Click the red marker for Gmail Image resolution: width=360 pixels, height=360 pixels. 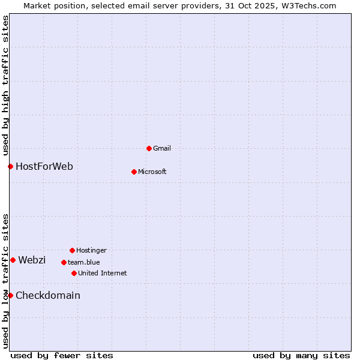(x=149, y=148)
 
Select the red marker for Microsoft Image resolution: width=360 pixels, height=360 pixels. (x=134, y=172)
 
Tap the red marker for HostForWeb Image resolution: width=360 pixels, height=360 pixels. (x=10, y=166)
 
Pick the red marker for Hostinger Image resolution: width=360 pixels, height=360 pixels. (x=72, y=250)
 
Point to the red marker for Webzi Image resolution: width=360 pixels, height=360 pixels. (x=13, y=260)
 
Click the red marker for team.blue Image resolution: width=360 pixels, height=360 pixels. (x=64, y=262)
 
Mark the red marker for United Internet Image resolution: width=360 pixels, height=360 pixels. (x=74, y=273)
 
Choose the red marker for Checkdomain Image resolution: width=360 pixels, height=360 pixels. (x=10, y=295)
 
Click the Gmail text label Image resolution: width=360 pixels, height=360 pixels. (x=162, y=148)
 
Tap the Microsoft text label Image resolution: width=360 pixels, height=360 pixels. (x=152, y=172)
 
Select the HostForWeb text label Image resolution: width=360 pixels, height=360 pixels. (x=44, y=166)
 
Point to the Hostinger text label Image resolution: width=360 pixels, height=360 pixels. (x=91, y=250)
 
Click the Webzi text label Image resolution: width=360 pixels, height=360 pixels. (x=32, y=260)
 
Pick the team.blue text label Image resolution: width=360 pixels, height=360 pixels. (x=84, y=262)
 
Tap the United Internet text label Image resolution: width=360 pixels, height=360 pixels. (x=102, y=273)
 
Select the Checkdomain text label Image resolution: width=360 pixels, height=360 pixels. (x=48, y=295)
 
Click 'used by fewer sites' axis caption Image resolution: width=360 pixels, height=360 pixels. (x=62, y=355)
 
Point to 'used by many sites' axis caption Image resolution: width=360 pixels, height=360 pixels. (x=301, y=355)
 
